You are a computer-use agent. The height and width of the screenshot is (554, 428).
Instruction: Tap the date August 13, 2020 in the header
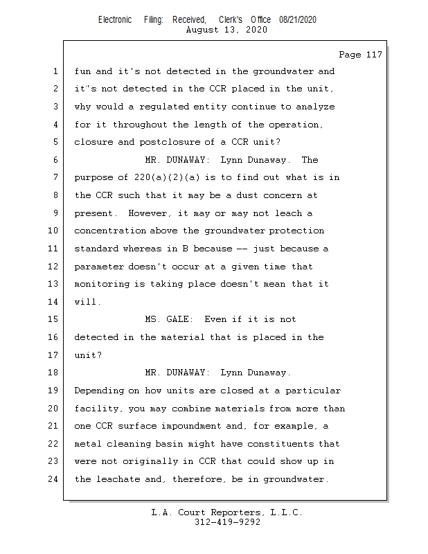click(227, 30)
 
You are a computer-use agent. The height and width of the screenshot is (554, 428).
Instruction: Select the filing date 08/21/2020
click(298, 20)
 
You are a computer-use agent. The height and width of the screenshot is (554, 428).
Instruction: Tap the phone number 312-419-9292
click(227, 523)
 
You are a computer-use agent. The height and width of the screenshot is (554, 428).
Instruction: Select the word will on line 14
click(87, 302)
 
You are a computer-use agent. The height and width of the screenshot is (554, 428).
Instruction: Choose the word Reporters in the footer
click(232, 513)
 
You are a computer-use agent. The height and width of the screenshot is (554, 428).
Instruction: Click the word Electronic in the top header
click(115, 20)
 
